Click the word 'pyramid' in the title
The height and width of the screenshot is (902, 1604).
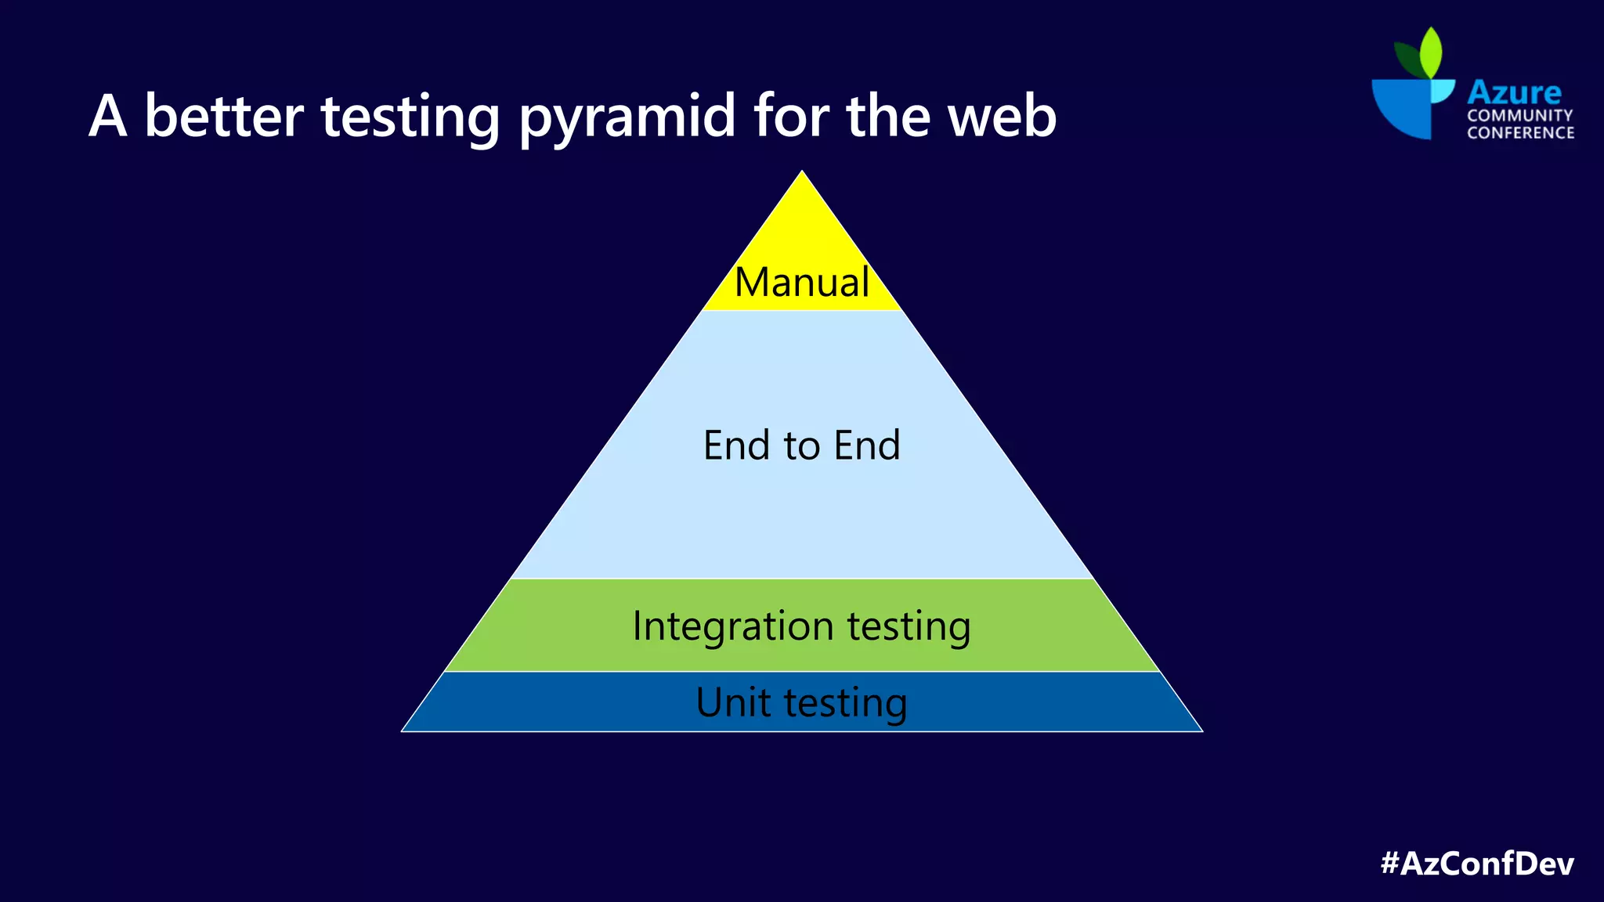(627, 117)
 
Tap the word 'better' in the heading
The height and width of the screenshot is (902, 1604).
(224, 116)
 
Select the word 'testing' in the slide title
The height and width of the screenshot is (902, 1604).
(410, 117)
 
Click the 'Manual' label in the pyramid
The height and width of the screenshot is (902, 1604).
(801, 282)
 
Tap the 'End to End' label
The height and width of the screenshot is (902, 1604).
(801, 445)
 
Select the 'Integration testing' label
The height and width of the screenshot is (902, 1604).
(801, 626)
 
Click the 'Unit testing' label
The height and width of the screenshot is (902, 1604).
(801, 702)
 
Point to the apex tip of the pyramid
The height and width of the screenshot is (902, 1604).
(802, 173)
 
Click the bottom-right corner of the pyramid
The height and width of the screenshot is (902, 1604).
(1200, 730)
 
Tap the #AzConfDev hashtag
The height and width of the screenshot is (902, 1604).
(1477, 863)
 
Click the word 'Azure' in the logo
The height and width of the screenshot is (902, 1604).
(1514, 92)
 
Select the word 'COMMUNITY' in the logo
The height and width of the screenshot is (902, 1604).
(1519, 115)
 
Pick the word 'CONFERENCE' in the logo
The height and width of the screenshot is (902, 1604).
(1520, 132)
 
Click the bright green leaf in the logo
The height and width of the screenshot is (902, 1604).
(1431, 53)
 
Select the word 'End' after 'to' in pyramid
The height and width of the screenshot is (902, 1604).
(867, 445)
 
